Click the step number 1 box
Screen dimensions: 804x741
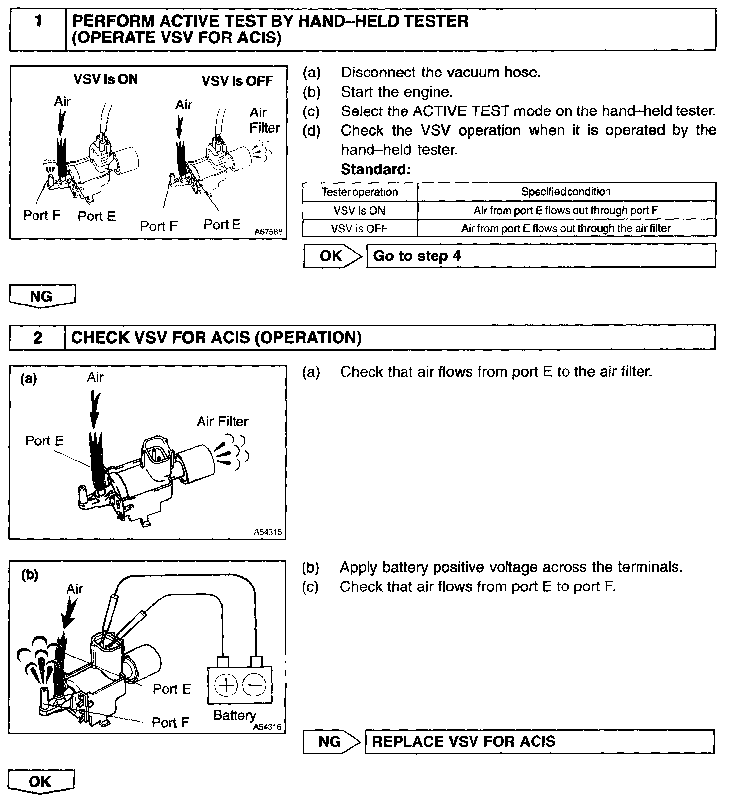click(38, 30)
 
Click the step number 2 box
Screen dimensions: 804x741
click(37, 338)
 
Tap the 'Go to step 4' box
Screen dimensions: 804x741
click(540, 256)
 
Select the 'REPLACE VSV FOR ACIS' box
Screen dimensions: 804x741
click(539, 741)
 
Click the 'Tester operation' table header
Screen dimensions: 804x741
click(360, 192)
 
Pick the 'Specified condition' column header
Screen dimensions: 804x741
click(566, 192)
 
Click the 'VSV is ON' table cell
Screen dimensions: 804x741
click(360, 210)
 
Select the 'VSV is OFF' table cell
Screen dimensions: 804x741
click(360, 228)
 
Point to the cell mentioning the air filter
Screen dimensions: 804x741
click(566, 228)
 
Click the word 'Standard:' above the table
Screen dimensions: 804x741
click(376, 169)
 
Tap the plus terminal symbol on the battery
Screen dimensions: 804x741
click(226, 685)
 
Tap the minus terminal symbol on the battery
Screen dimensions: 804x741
click(255, 685)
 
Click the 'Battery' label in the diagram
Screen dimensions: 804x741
click(234, 715)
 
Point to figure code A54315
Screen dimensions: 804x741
click(268, 532)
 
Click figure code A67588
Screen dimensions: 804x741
click(269, 232)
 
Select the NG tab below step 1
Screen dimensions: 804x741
click(41, 296)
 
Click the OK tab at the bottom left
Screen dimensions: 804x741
click(40, 781)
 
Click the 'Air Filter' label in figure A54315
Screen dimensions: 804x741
click(223, 421)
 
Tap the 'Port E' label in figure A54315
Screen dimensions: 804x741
click(44, 440)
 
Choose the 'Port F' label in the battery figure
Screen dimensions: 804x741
click(170, 722)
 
